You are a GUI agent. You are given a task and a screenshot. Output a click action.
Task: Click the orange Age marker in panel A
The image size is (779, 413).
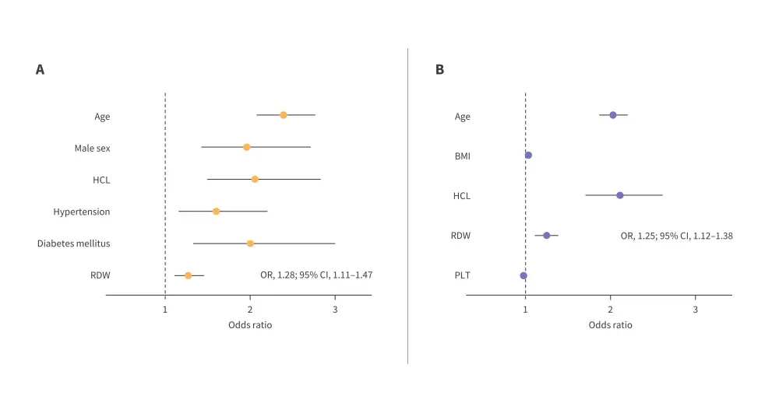point(284,115)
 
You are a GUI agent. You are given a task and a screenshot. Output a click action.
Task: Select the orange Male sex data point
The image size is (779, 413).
point(247,147)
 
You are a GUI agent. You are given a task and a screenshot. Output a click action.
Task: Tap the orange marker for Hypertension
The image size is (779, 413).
point(217,211)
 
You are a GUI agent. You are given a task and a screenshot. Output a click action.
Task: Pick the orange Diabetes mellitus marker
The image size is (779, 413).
point(250,243)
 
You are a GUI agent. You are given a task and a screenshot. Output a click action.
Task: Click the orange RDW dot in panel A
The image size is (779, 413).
point(188,275)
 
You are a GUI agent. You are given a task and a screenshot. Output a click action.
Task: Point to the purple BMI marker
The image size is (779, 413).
point(528,156)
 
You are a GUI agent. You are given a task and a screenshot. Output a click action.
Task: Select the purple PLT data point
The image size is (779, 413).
point(523,275)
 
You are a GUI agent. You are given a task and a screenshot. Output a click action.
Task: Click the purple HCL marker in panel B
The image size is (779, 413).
point(620,195)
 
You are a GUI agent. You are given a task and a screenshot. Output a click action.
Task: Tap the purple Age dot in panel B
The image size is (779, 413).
point(613,115)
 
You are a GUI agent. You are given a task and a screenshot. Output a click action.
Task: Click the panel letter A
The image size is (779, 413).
point(40,70)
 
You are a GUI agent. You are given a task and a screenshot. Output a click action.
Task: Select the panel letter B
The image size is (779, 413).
point(439,70)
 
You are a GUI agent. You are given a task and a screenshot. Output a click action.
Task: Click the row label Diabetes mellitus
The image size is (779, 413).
point(74,243)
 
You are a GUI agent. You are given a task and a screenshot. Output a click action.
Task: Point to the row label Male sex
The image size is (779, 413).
point(92,148)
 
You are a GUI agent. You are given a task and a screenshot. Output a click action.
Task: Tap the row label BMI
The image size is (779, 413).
point(463,156)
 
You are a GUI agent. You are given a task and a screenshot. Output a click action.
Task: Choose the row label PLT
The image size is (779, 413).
point(463,275)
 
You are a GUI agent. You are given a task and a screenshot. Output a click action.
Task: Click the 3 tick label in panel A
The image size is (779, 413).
point(335,309)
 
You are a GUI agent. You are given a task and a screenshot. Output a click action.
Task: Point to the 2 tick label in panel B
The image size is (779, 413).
point(611,309)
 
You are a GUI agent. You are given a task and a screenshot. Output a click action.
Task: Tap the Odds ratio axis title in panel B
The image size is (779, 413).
point(611,324)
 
